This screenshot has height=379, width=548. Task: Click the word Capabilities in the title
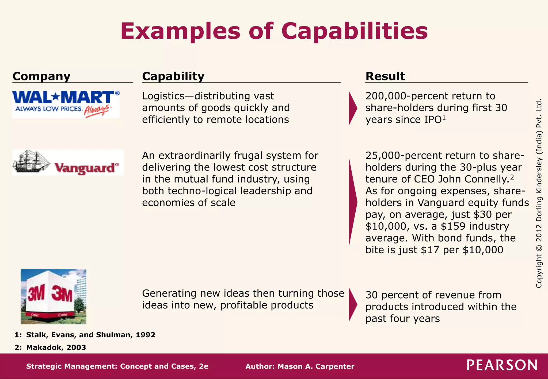(x=354, y=32)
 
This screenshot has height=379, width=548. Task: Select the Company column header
(x=41, y=76)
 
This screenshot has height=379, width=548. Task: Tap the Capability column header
(x=173, y=76)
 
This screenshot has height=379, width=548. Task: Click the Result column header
(x=385, y=76)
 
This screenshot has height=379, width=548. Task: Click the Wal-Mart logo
(x=66, y=104)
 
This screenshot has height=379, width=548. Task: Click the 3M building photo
(x=54, y=296)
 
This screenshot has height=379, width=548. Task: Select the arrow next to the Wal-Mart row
(x=353, y=108)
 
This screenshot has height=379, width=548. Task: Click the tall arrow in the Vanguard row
(x=352, y=202)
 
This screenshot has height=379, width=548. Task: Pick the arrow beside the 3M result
(x=353, y=304)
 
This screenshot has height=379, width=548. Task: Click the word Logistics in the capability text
(x=163, y=96)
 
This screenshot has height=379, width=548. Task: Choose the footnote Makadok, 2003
(x=56, y=347)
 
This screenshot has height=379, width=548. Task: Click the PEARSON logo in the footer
(x=502, y=365)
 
